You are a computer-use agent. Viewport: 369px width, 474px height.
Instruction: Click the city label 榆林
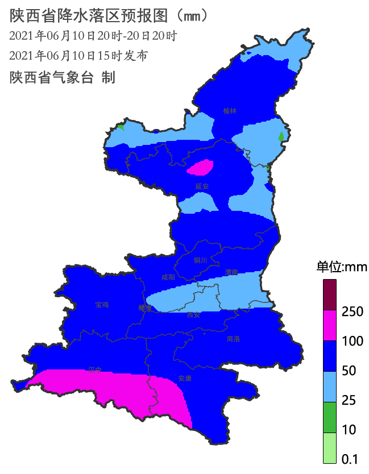coord(230,111)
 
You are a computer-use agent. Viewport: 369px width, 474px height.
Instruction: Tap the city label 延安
coord(202,186)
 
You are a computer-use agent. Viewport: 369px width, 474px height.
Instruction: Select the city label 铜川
coord(201,261)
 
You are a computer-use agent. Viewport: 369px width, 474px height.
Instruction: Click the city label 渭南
coord(231,272)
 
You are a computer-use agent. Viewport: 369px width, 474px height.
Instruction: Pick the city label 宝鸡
coord(102,305)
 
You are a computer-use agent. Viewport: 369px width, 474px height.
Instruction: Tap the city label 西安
coord(194,315)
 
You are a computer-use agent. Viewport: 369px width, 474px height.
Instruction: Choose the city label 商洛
coord(233,339)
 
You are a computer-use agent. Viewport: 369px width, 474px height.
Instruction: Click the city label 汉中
coord(94,369)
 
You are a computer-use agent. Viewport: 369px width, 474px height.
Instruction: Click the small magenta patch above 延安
coord(201,168)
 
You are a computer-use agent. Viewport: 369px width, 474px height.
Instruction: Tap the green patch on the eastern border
coord(281,136)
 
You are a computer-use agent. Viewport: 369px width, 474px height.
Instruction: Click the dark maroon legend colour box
coord(330,294)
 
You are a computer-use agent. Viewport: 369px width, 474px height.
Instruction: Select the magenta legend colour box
coord(330,325)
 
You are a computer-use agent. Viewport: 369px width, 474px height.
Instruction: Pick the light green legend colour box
coord(330,448)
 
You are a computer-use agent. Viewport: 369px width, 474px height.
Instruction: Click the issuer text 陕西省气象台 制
coord(63,78)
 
